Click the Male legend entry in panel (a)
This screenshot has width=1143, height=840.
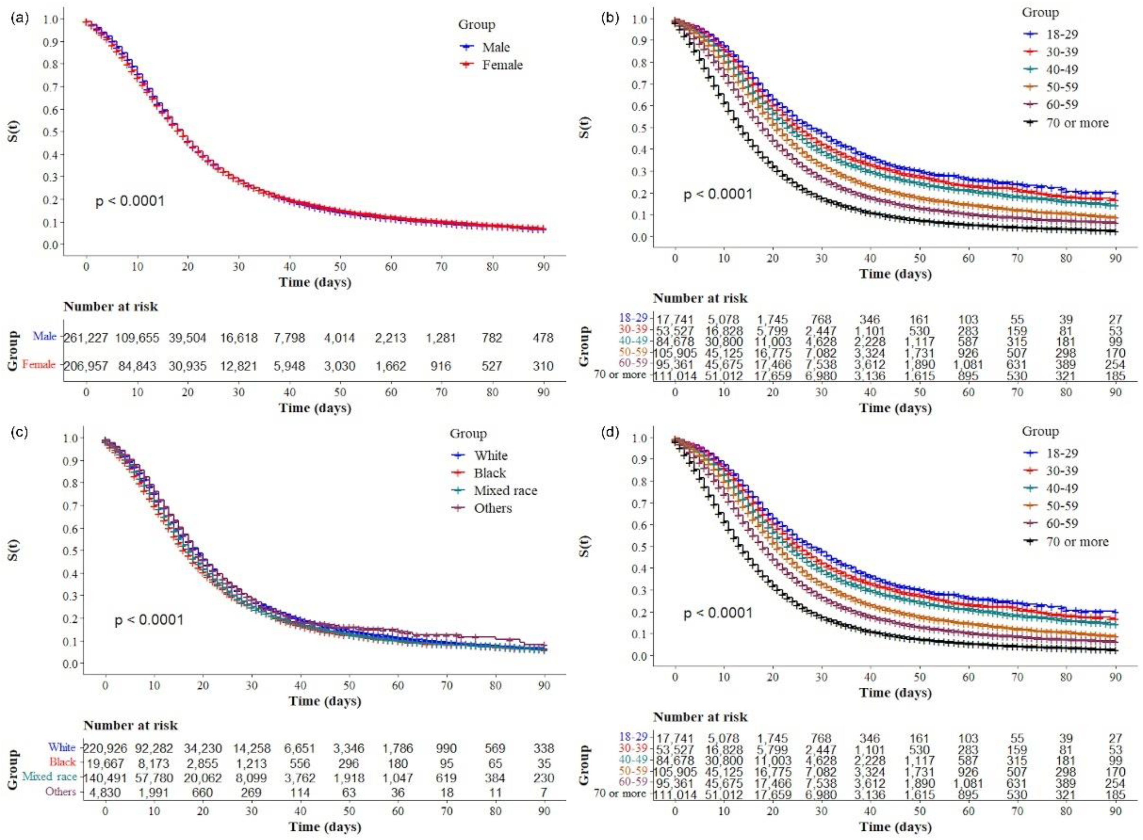coord(484,47)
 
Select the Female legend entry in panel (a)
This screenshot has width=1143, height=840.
coord(491,65)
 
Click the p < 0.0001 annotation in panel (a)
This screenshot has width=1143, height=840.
coord(130,201)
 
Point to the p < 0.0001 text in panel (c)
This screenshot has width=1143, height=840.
coord(149,620)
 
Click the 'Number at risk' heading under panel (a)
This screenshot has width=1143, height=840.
coord(111,307)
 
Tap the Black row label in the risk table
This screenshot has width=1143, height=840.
coord(62,762)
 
